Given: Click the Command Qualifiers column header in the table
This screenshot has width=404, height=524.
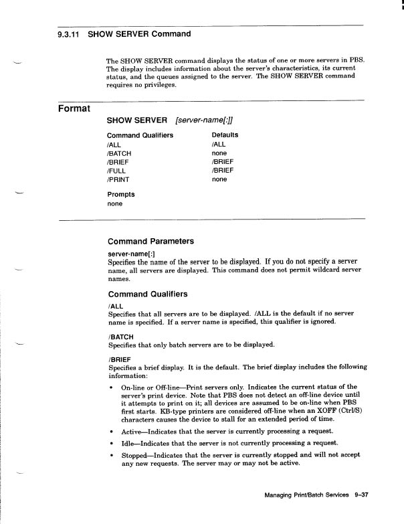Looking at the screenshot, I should (x=140, y=135).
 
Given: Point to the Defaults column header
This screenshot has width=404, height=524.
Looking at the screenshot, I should (x=225, y=135).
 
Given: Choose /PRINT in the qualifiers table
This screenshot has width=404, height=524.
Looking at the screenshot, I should (x=118, y=179).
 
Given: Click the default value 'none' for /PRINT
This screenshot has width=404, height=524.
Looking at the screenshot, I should (x=219, y=179).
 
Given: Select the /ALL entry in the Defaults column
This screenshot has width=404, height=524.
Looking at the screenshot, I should (x=219, y=144).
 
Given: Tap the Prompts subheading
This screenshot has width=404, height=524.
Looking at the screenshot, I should (x=121, y=195).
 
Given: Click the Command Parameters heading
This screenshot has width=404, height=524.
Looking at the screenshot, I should (x=150, y=241).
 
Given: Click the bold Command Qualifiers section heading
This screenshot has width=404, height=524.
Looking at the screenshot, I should (x=148, y=294).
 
